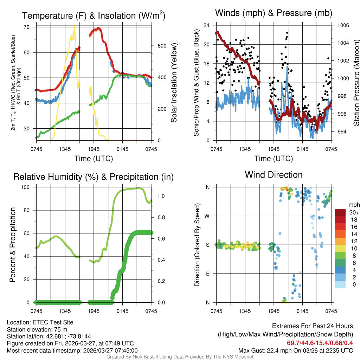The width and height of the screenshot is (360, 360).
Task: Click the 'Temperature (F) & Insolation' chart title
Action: pyautogui.click(x=94, y=16)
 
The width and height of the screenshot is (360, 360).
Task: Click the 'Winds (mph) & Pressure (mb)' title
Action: pyautogui.click(x=274, y=13)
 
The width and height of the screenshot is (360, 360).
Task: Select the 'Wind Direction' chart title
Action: pyautogui.click(x=274, y=175)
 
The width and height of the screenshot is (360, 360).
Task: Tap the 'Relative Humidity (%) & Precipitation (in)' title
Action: pyautogui.click(x=94, y=177)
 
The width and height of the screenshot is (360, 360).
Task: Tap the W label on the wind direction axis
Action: pyautogui.click(x=207, y=216)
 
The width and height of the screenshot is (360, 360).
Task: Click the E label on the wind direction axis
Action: pyautogui.click(x=207, y=274)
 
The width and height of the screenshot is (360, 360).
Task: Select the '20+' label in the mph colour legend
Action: pyautogui.click(x=354, y=212)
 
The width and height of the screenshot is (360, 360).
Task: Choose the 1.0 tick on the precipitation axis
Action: pyautogui.click(x=158, y=196)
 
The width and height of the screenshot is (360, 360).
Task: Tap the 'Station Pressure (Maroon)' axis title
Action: pyautogui.click(x=356, y=83)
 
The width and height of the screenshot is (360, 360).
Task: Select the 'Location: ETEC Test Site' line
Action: pyautogui.click(x=40, y=322)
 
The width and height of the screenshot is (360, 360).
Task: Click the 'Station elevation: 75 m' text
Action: pyautogui.click(x=37, y=329)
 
